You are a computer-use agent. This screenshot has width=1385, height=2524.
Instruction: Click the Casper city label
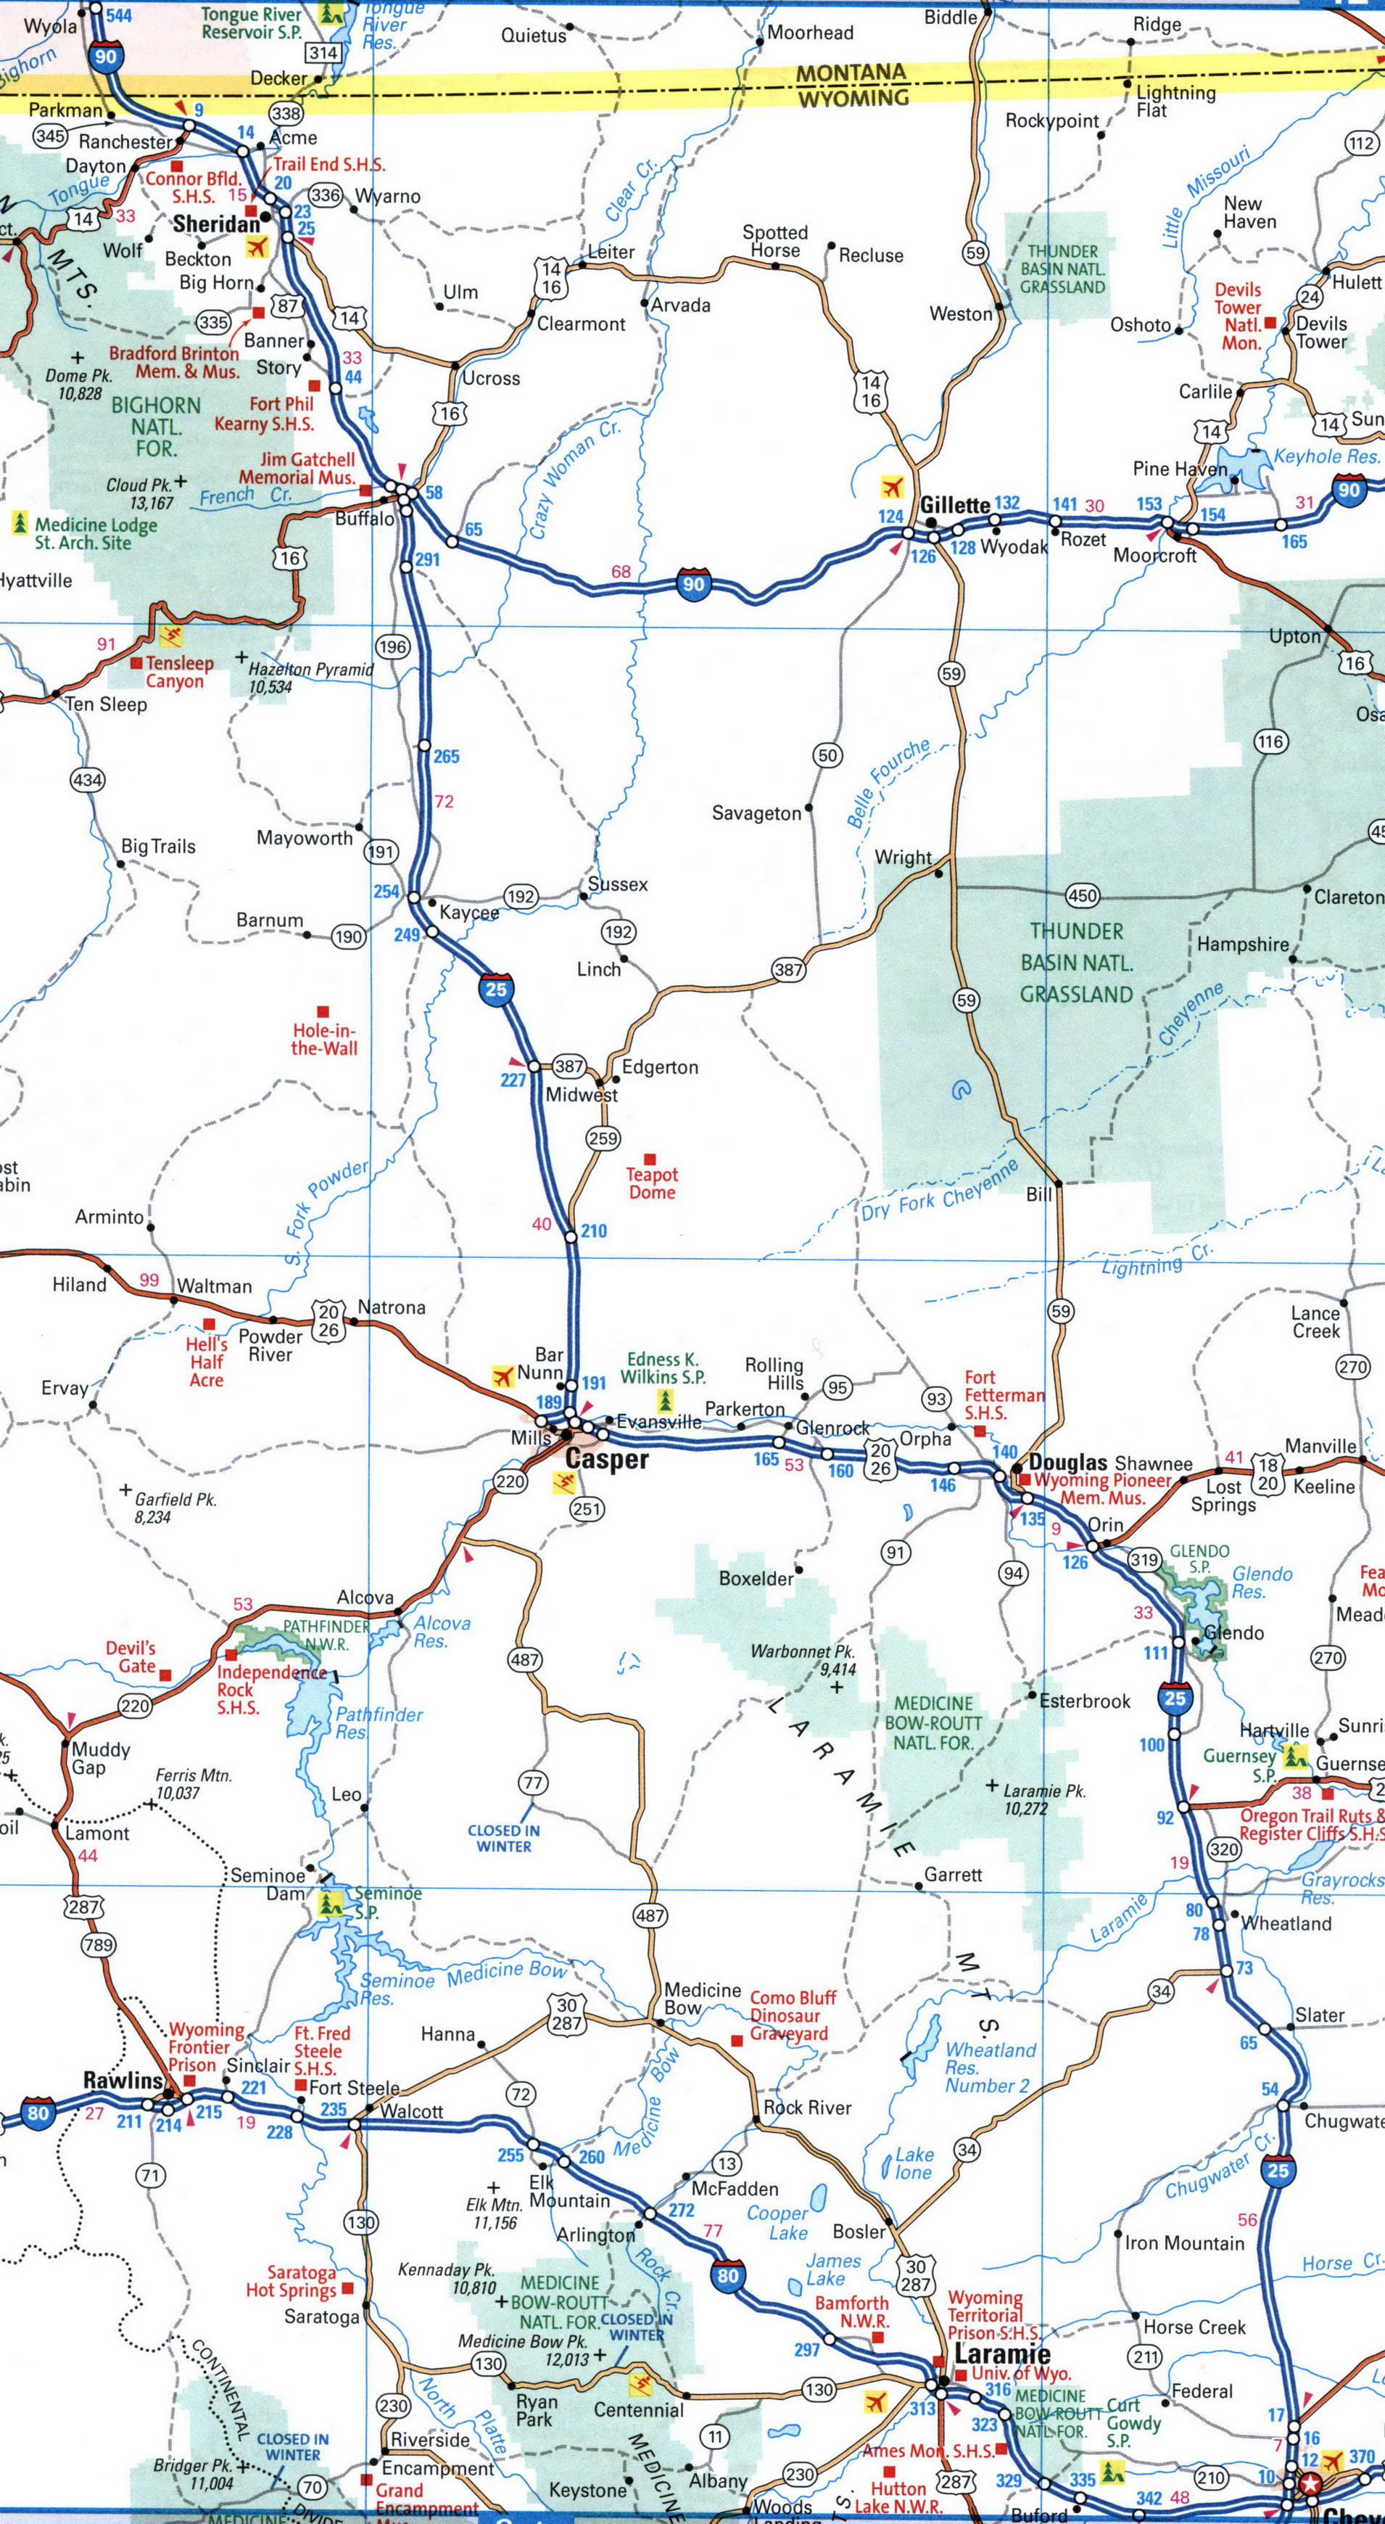pos(606,1459)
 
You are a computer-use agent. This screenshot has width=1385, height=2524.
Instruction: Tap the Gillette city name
pos(954,505)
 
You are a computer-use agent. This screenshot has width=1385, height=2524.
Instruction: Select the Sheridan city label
pos(217,224)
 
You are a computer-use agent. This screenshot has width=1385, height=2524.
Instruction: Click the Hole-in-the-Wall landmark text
pos(324,1039)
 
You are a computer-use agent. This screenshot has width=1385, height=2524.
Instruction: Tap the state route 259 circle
pos(603,1138)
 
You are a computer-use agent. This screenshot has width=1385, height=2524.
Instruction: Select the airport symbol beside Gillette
pos(890,486)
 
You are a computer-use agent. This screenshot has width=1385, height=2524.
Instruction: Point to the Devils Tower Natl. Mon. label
pos(1239,316)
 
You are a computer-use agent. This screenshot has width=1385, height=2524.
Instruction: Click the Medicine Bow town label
pos(701,1998)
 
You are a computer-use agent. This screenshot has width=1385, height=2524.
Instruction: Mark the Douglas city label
pos(1067,1463)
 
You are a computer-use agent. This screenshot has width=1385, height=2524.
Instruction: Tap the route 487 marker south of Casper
pos(524,1658)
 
